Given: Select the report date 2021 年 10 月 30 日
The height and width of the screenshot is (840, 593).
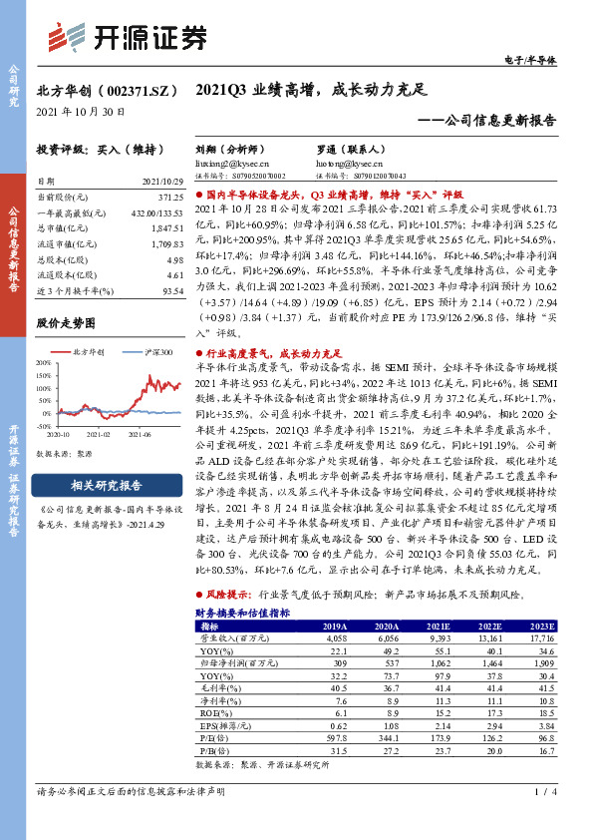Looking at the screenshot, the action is point(81,113).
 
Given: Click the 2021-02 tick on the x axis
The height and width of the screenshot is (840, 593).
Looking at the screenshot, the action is point(97,436).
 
